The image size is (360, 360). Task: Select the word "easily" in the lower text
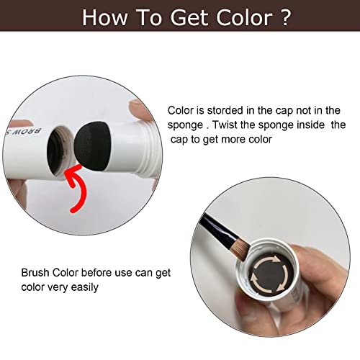click(x=104, y=286)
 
